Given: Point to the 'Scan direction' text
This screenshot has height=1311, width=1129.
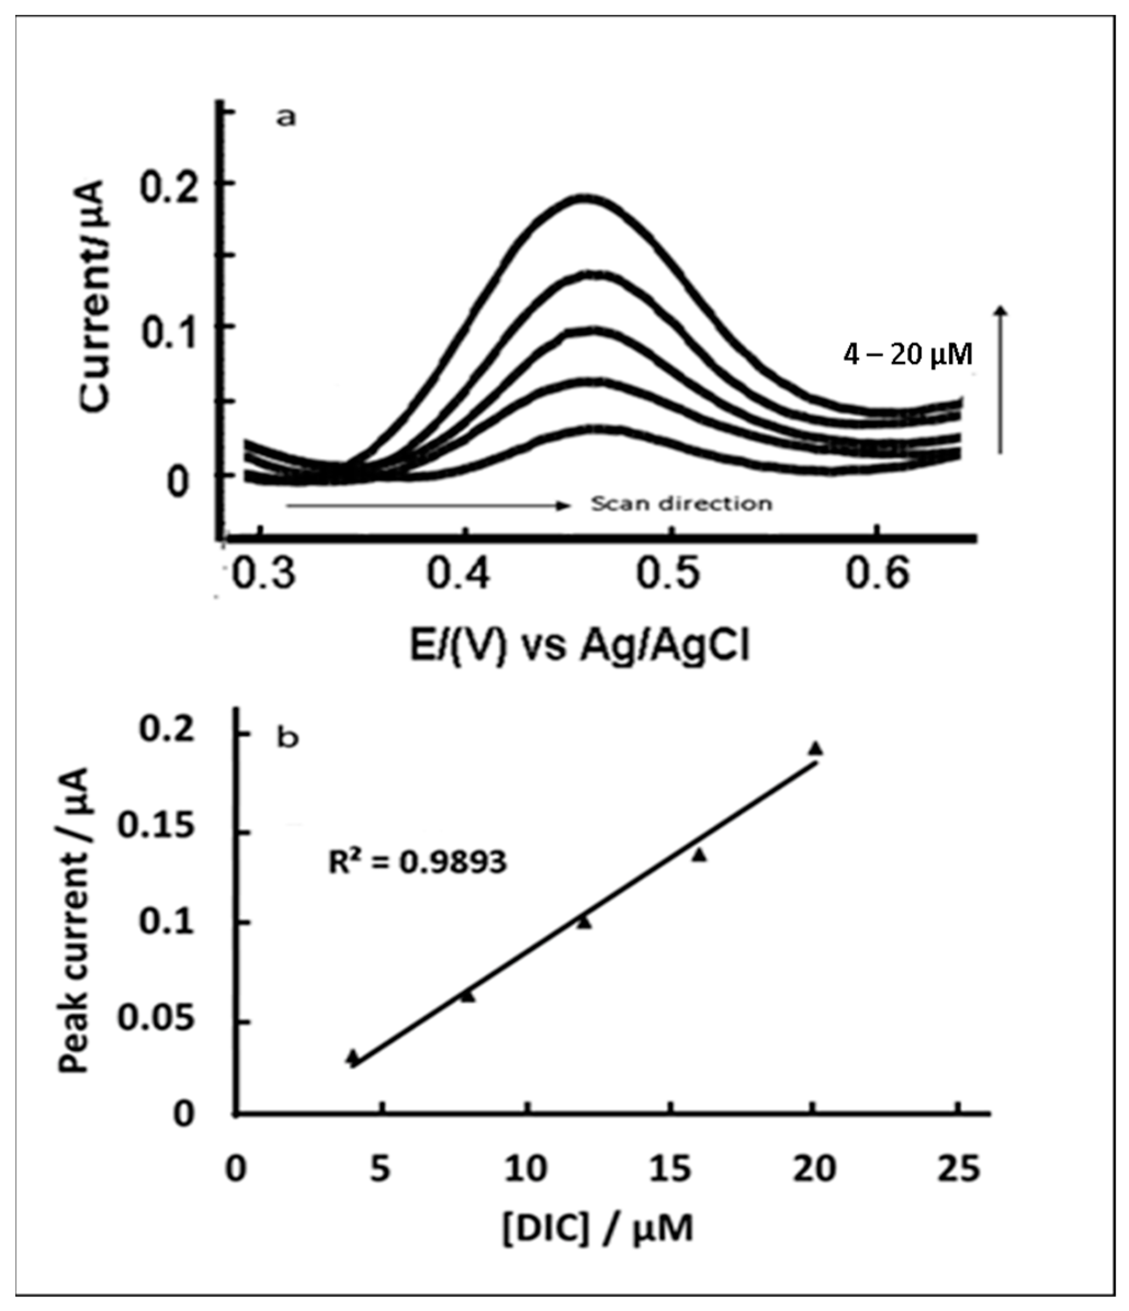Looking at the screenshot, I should (681, 504).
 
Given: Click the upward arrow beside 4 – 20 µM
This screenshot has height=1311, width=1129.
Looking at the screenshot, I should (1001, 379).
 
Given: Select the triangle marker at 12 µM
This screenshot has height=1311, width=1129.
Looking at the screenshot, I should (584, 923).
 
